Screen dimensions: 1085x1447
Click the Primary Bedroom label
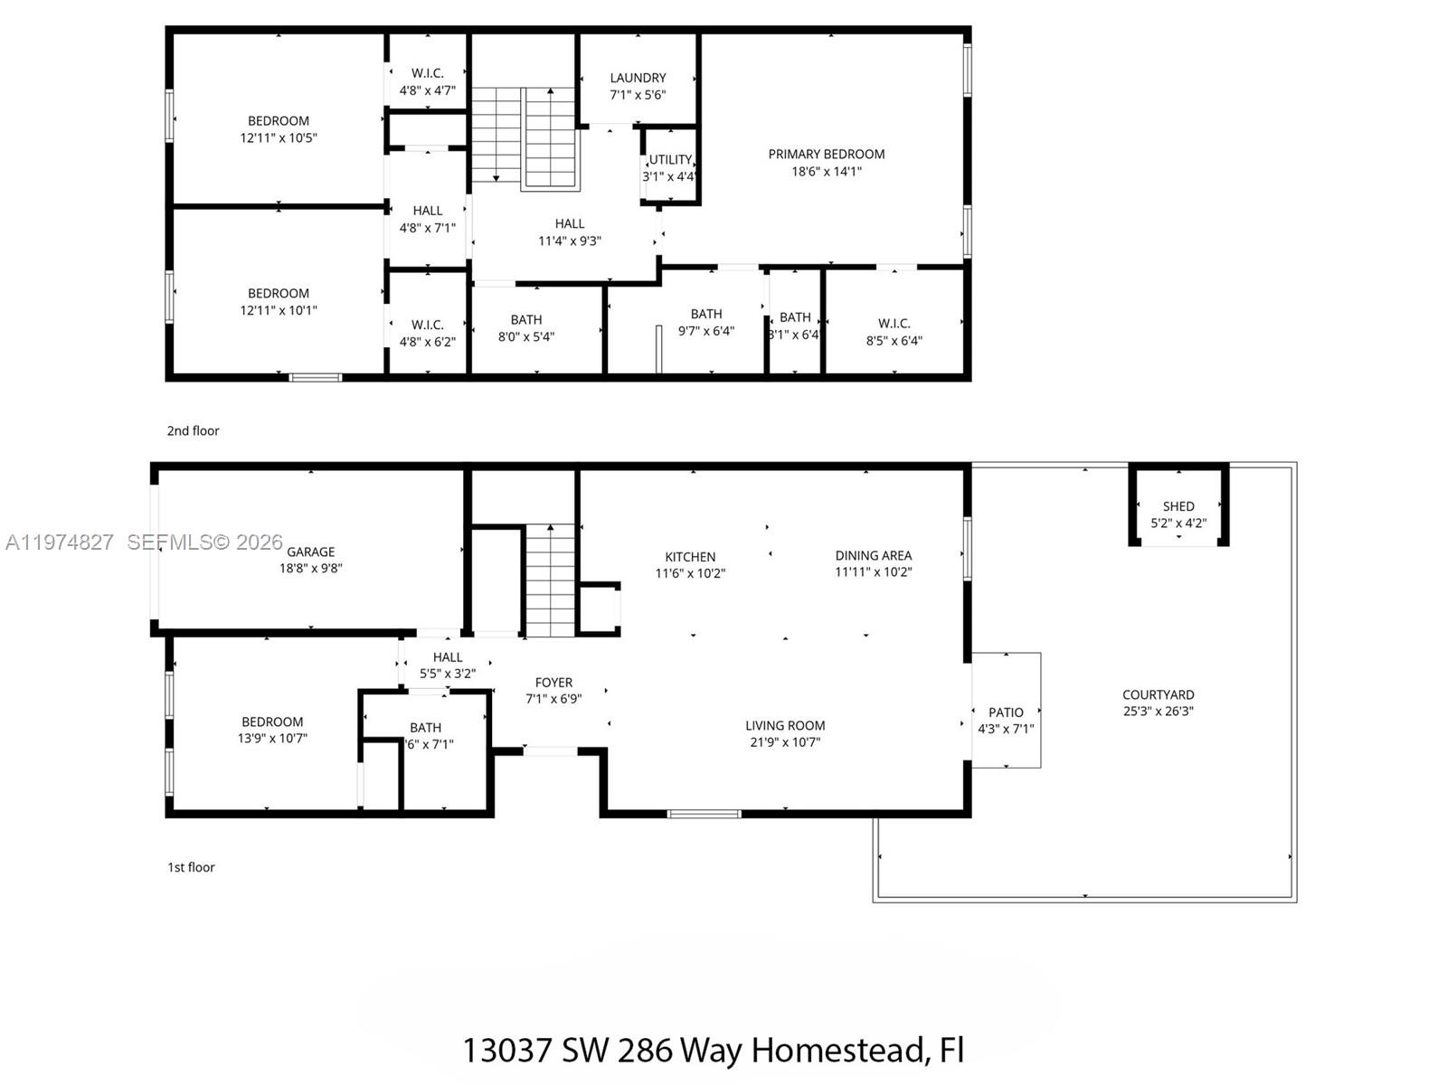click(x=826, y=155)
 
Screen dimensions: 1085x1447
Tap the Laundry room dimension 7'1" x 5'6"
click(x=638, y=95)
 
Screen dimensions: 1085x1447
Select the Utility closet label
click(x=670, y=160)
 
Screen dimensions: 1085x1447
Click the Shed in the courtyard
click(x=1178, y=514)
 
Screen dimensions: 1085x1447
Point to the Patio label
click(x=1006, y=712)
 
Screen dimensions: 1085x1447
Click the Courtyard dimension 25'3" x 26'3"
click(x=1158, y=712)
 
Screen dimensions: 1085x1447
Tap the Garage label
click(x=311, y=552)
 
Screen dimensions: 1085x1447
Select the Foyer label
click(x=553, y=683)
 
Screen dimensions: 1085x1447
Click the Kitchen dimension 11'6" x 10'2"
click(x=690, y=573)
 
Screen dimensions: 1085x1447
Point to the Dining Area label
click(x=873, y=555)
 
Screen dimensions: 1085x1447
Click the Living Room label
click(x=785, y=725)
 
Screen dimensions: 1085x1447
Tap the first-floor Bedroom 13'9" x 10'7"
click(x=272, y=730)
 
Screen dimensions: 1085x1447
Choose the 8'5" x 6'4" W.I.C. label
click(x=894, y=324)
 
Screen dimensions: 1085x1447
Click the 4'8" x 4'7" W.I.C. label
click(x=427, y=73)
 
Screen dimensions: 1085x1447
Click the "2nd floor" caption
click(x=193, y=431)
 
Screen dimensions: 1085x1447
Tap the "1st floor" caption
click(x=191, y=867)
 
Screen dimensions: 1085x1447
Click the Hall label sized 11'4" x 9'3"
click(x=569, y=223)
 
